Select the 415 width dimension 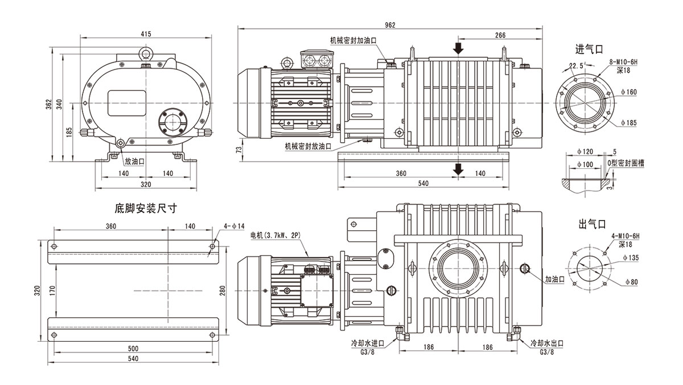[x=146, y=35]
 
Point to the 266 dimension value [x=500, y=35]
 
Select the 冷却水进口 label [x=368, y=344]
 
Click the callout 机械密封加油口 [x=353, y=40]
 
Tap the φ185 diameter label [x=628, y=122]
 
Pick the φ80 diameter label [x=628, y=281]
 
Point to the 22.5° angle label [x=577, y=67]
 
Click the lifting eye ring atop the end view [x=146, y=53]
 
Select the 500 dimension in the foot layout [x=133, y=348]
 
